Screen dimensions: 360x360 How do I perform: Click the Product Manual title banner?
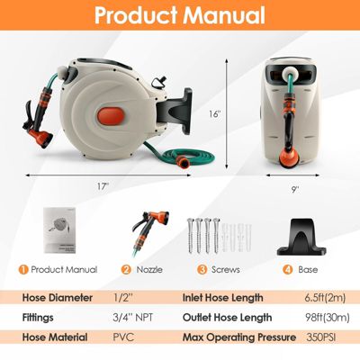pos(180,15)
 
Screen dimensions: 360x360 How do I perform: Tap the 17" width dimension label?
pos(105,185)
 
